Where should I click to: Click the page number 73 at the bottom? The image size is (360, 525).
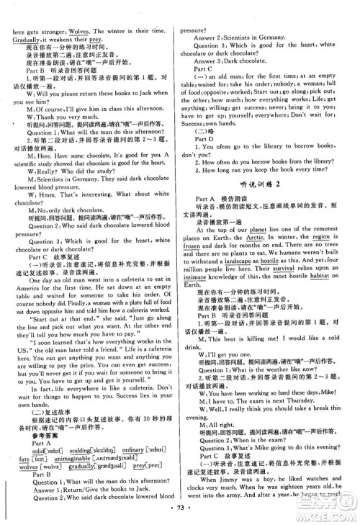pos(180,516)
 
